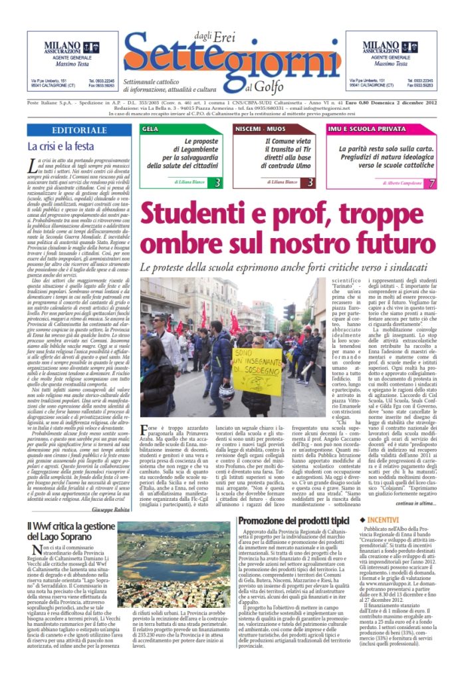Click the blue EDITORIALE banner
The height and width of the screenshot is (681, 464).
(79, 130)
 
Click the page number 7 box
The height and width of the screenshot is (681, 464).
(432, 182)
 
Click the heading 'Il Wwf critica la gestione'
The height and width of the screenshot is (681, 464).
(68, 527)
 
